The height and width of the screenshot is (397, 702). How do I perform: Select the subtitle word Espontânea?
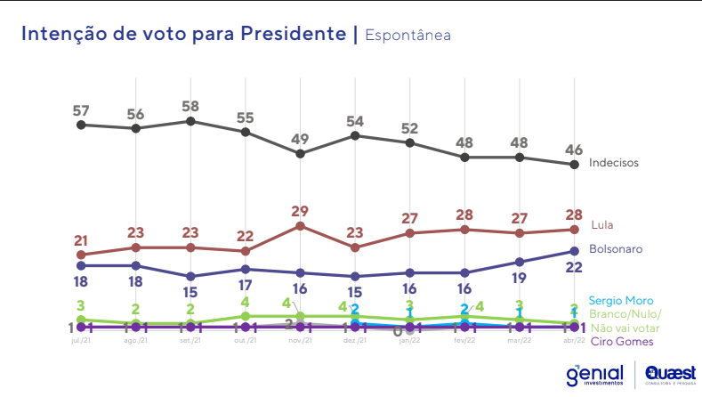[407, 35]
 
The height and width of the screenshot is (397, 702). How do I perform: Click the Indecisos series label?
[614, 163]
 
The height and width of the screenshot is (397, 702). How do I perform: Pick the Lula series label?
[602, 224]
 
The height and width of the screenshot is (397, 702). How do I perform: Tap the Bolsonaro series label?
[616, 249]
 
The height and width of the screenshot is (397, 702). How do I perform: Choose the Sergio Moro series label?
[621, 301]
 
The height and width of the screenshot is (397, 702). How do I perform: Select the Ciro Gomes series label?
[622, 342]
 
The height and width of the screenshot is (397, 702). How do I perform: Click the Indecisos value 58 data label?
[190, 106]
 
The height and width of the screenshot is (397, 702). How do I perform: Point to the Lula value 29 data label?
[300, 211]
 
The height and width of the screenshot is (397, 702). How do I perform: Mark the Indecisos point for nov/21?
[300, 154]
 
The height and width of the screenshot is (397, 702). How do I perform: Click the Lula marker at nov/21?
[300, 226]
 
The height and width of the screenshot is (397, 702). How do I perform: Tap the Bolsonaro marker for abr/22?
[574, 251]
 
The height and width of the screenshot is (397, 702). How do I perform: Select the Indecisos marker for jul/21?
[81, 125]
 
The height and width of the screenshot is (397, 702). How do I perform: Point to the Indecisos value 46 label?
[574, 149]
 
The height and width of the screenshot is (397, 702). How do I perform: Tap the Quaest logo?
[671, 374]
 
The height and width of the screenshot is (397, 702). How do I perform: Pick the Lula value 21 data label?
[81, 240]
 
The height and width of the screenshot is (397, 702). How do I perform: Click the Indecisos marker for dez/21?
[355, 135]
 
